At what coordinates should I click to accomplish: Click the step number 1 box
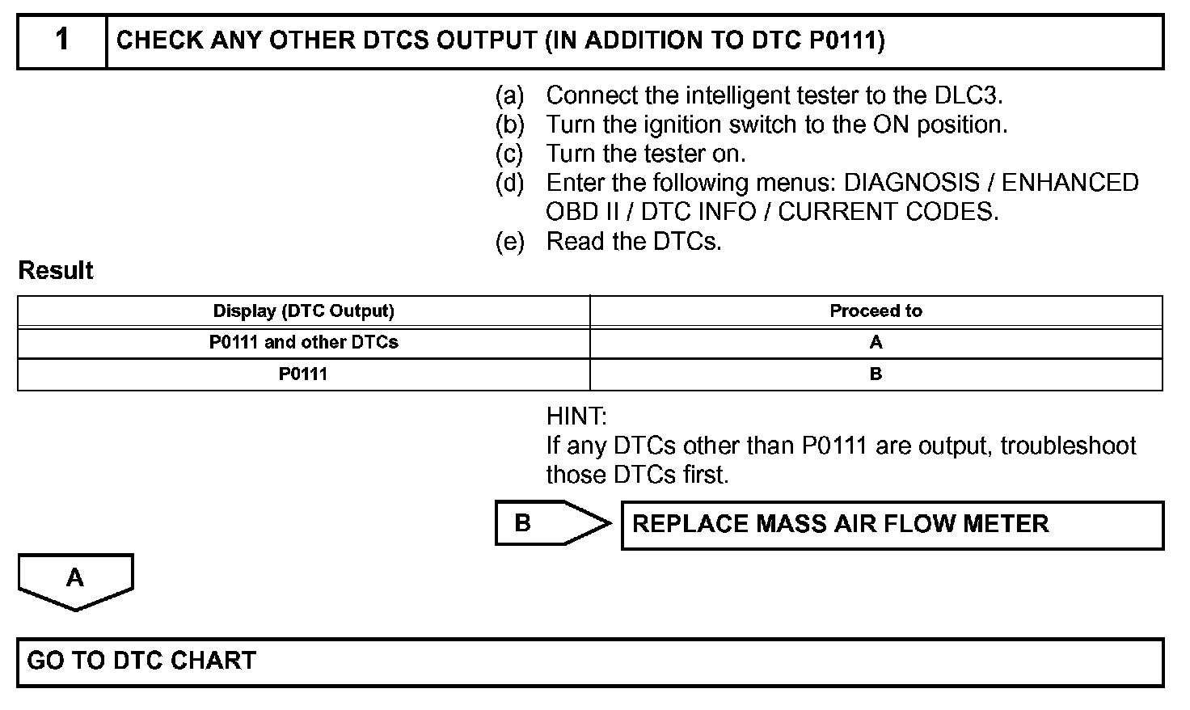(x=62, y=40)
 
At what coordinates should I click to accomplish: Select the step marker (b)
(x=509, y=125)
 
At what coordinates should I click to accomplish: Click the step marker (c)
(x=509, y=154)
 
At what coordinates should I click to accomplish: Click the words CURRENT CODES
(x=888, y=212)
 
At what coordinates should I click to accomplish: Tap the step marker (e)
(x=509, y=241)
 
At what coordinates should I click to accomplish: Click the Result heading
(x=56, y=270)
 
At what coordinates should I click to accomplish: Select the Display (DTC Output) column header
(x=303, y=311)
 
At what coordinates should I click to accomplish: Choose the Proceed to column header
(x=876, y=311)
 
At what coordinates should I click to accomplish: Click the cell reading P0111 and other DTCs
(x=303, y=342)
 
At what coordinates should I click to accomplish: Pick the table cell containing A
(x=876, y=342)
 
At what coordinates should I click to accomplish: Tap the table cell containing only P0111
(x=303, y=374)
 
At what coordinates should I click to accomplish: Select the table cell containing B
(x=876, y=374)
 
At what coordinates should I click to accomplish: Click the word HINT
(x=576, y=417)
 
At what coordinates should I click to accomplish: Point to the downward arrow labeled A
(x=75, y=580)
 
